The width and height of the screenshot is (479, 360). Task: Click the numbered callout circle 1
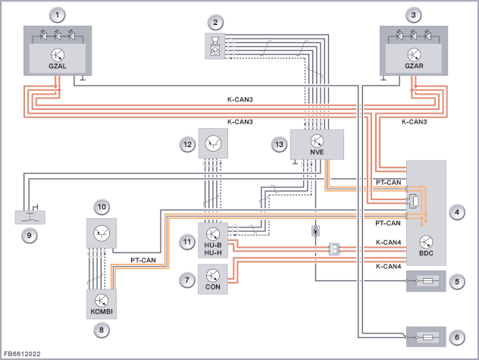click(58, 15)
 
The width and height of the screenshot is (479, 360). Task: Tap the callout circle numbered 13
click(279, 145)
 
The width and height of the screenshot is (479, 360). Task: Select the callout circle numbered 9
click(30, 236)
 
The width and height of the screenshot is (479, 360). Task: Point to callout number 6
click(457, 337)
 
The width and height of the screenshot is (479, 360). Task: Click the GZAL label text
click(58, 66)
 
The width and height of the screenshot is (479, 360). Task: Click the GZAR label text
click(414, 66)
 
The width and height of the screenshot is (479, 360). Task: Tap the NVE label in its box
click(317, 152)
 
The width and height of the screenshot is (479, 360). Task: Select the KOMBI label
click(102, 311)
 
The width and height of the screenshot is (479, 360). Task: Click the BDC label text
click(426, 253)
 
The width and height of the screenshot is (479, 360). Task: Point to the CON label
click(213, 287)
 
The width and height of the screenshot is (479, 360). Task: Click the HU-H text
click(213, 252)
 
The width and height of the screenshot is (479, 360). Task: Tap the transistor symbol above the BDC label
click(426, 242)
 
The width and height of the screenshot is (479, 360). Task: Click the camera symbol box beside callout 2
click(215, 45)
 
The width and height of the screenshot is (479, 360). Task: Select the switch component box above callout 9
click(30, 218)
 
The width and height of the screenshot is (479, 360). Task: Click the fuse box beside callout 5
click(426, 281)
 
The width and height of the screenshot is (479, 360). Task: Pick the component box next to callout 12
click(213, 143)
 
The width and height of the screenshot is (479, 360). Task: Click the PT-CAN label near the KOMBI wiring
click(143, 261)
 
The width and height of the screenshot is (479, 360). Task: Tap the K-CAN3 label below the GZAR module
click(415, 122)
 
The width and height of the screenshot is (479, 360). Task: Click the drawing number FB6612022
click(22, 354)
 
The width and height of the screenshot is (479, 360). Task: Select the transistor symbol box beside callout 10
click(102, 233)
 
